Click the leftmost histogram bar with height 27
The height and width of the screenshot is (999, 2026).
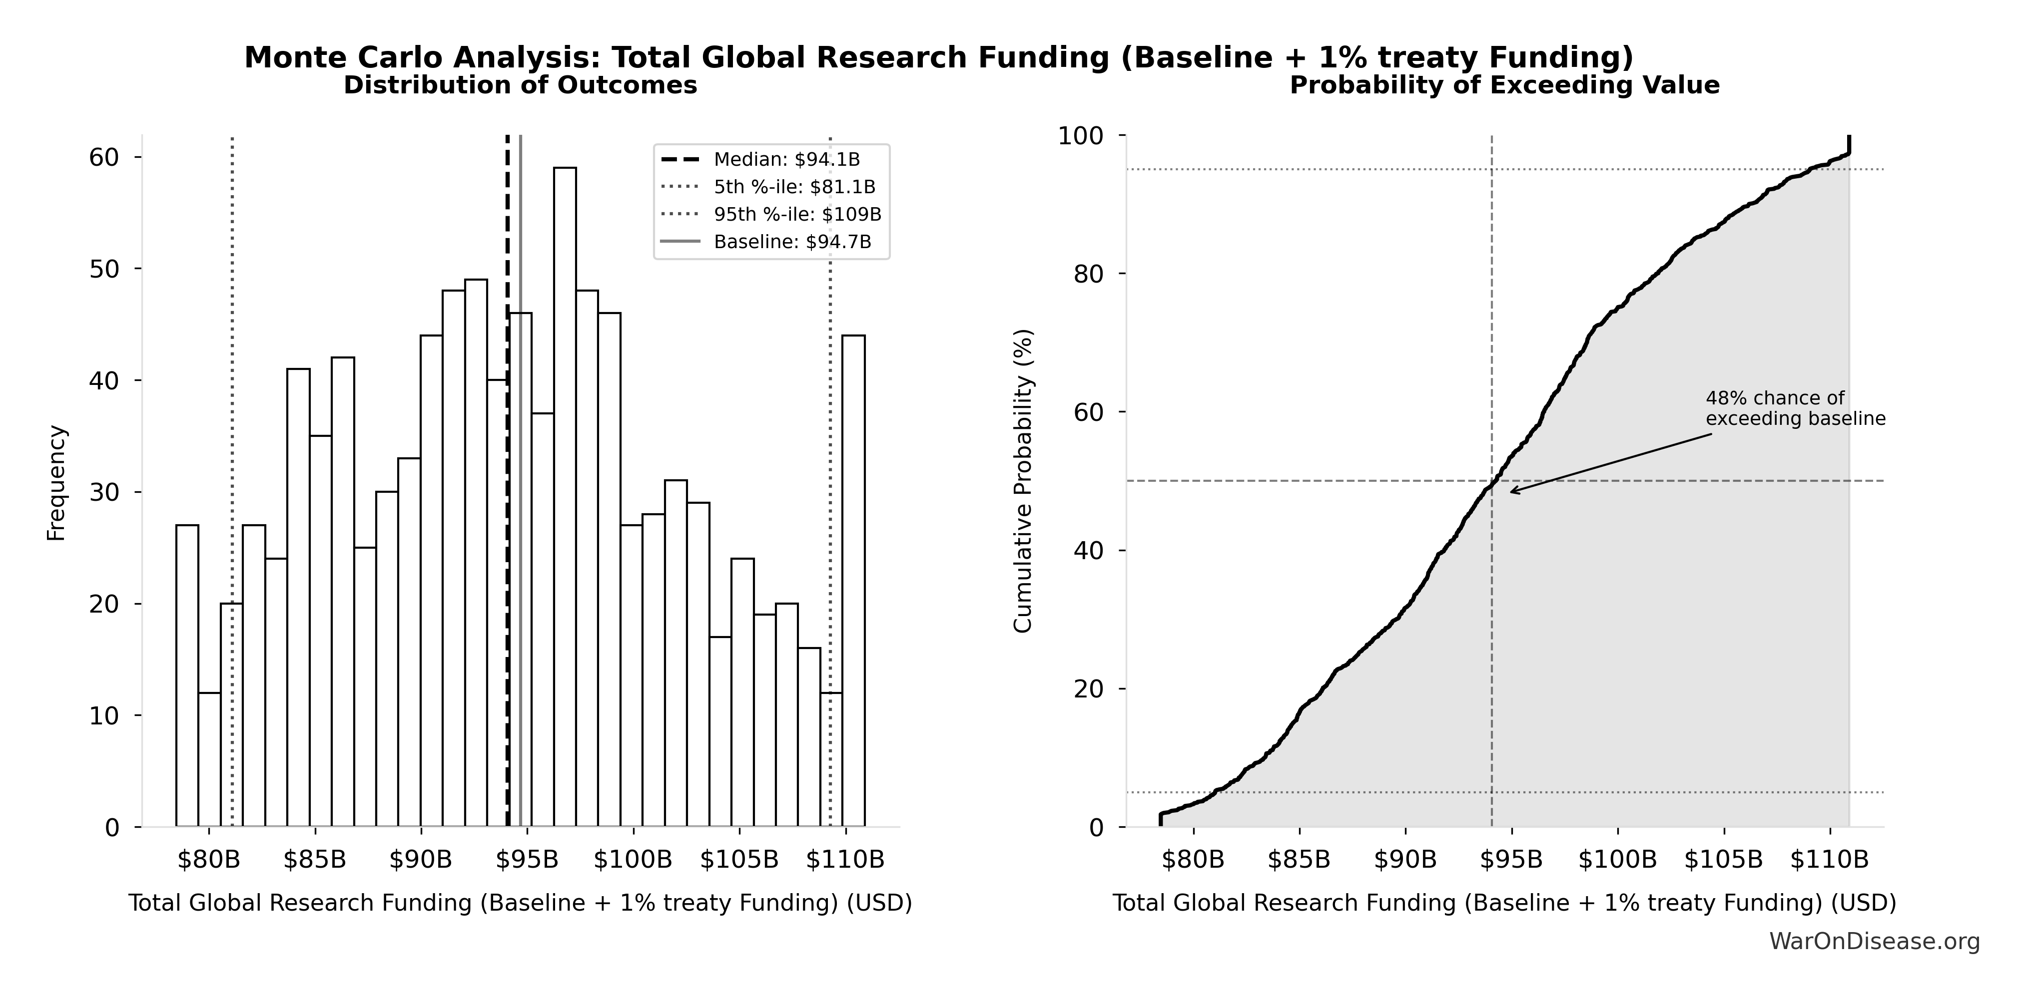(187, 676)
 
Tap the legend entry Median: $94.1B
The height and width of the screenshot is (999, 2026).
(786, 160)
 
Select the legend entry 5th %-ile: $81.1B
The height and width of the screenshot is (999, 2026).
(794, 187)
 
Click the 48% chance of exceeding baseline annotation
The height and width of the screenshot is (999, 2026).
(1795, 409)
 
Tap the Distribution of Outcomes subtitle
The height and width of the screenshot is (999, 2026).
(520, 85)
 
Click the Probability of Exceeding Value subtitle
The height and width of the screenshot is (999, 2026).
(1504, 85)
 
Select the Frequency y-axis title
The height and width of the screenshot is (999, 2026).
(56, 483)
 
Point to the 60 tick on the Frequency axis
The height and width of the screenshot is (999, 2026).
(104, 157)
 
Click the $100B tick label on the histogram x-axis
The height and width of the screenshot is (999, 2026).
(633, 860)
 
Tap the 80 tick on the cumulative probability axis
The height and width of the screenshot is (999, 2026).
(1089, 274)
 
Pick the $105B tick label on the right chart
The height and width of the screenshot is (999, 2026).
(1723, 860)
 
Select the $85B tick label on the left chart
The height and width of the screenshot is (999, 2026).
(315, 860)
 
